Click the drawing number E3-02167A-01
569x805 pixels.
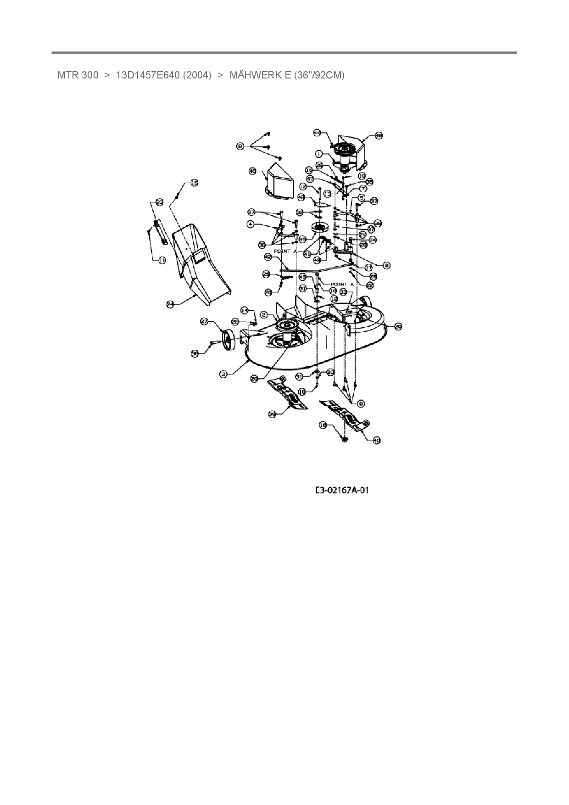point(342,490)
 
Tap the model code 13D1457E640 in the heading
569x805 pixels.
point(163,75)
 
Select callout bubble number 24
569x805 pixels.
point(171,304)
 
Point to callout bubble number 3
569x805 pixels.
point(223,374)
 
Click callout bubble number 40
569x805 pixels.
point(376,440)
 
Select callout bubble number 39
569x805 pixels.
point(272,414)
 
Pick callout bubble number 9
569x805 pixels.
point(361,403)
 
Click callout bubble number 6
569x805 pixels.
point(240,146)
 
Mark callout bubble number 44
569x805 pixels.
point(317,132)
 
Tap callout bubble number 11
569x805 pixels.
point(162,260)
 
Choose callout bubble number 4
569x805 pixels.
point(251,224)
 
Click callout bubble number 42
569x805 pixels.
point(268,257)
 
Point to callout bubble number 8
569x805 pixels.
point(386,265)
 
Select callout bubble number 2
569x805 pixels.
point(264,314)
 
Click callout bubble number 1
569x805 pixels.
point(319,154)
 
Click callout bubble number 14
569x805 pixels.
point(245,310)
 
